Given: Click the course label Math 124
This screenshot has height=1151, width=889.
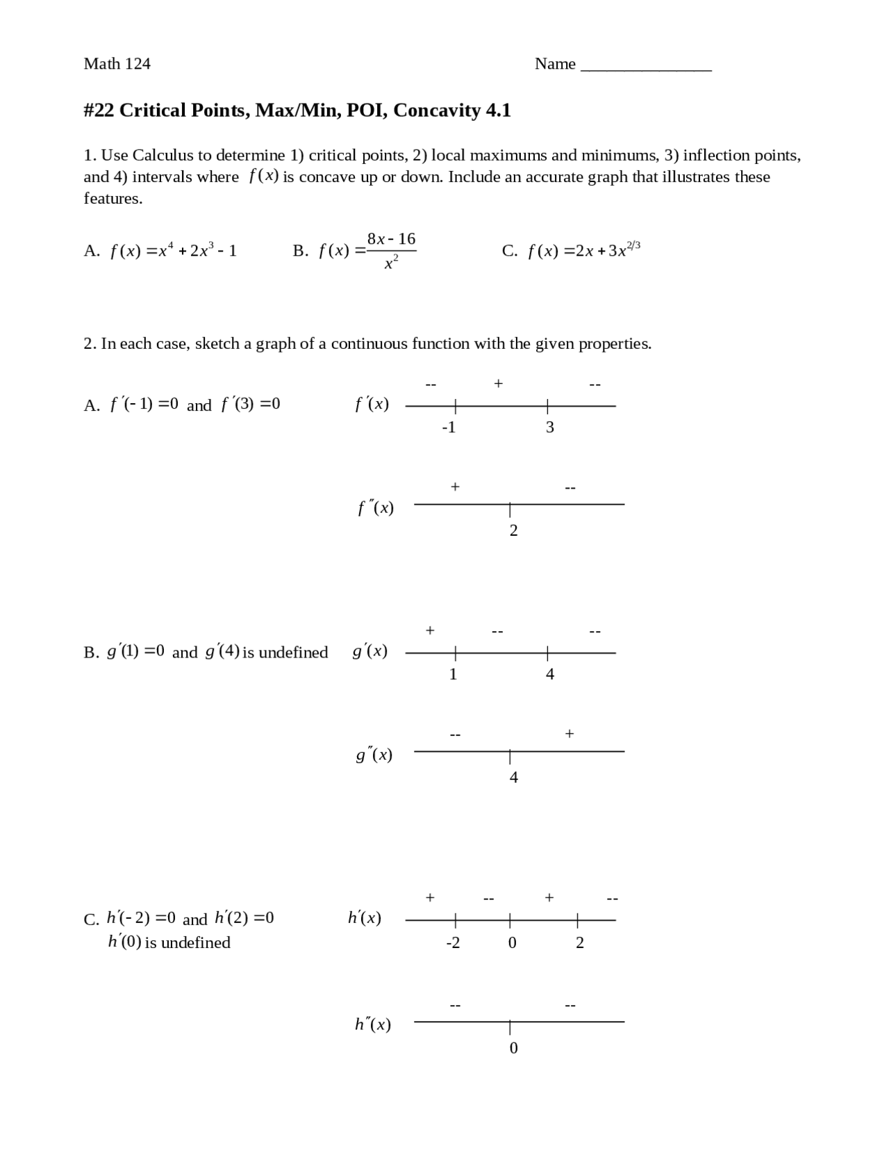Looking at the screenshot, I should point(117,64).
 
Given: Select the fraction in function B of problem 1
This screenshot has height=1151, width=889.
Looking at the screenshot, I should point(391,250).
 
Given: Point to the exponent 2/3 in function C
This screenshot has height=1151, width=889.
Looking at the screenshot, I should point(633,245).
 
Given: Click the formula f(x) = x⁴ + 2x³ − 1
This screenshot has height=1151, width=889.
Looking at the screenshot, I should point(173,250).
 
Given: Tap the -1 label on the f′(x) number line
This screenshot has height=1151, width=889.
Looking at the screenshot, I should point(449,427).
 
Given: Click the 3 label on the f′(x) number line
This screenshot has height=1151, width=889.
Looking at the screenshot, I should point(549,427).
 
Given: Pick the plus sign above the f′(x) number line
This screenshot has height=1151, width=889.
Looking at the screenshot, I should point(498,383).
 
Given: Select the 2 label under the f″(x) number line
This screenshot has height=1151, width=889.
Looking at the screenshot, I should point(513,531).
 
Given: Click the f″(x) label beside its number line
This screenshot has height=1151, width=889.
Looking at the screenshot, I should point(376,508).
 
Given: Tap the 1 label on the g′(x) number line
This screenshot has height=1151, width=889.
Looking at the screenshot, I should point(453,674).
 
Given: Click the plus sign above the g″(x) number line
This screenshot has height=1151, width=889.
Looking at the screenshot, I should point(570,733).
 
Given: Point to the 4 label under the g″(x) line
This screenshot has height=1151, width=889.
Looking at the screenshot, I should point(513,778).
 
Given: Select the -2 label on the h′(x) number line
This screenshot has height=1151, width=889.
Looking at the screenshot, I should point(452,943).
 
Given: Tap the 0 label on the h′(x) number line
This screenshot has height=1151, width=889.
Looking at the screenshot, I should point(512,943).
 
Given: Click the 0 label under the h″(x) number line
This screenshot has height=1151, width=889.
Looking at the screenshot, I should point(513,1048).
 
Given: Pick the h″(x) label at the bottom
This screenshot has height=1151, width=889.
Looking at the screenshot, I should point(373,1025).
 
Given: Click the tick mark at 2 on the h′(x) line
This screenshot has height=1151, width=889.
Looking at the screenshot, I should point(577,920).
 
